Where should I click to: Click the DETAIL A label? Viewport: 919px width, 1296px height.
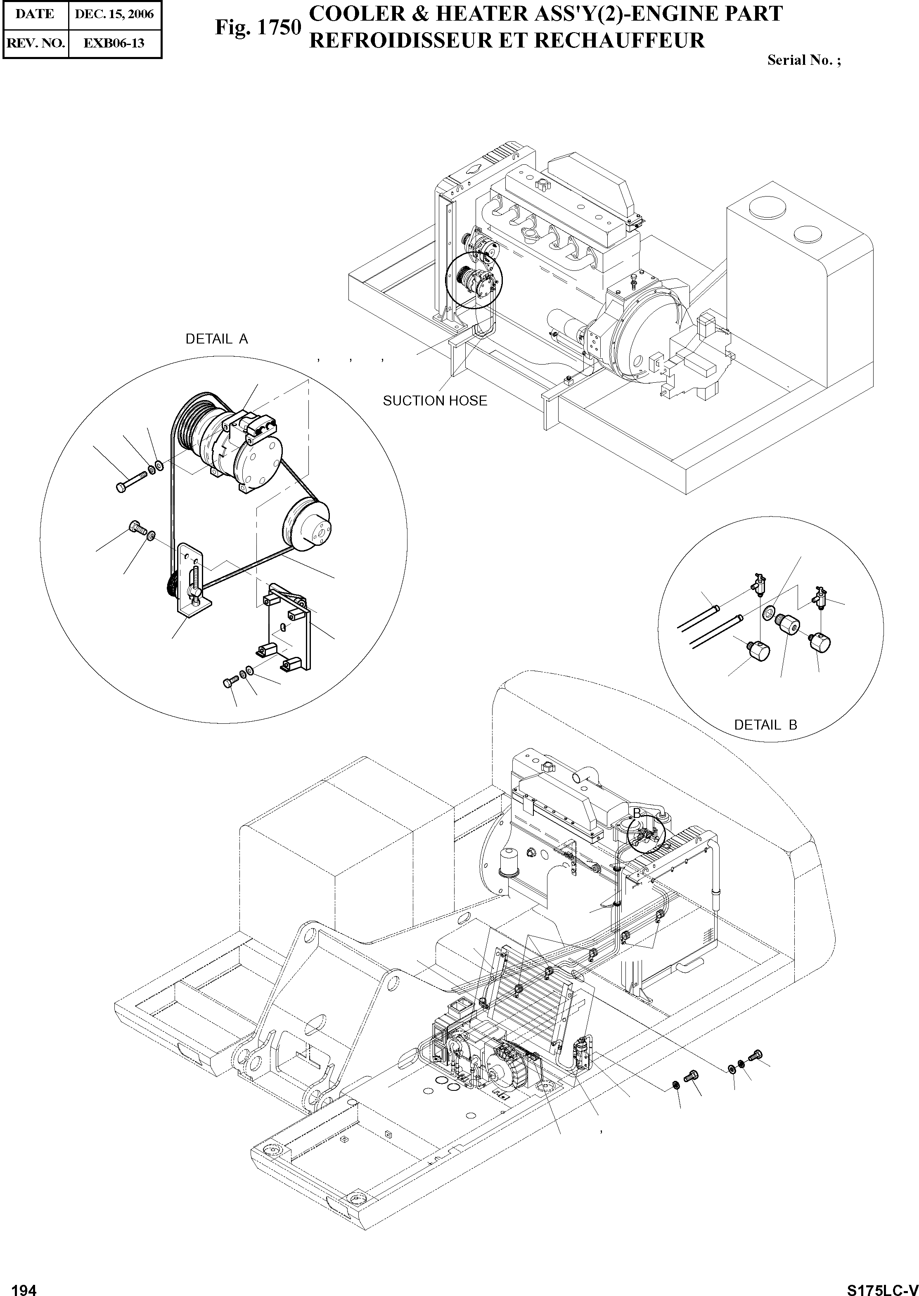tap(217, 339)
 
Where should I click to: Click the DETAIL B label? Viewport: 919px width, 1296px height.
tap(765, 725)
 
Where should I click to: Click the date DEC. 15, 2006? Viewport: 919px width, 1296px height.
tap(114, 14)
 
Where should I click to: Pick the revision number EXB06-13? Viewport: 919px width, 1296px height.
tap(114, 43)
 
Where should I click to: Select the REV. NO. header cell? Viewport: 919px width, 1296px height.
tap(35, 43)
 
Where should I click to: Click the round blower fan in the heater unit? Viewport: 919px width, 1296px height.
tap(503, 1067)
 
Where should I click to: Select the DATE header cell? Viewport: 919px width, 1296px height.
tap(35, 14)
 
